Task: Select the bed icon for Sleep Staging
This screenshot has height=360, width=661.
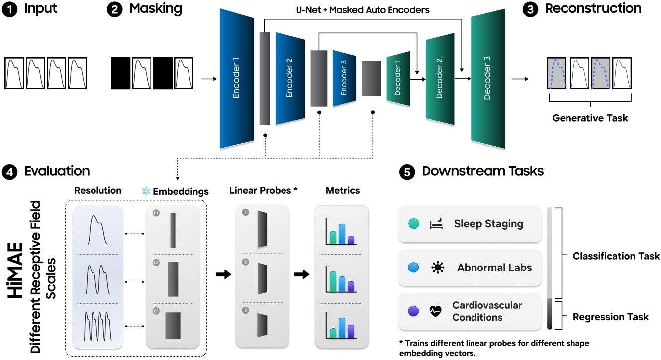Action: pos(436,224)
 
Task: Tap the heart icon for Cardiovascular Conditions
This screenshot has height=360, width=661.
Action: pos(436,311)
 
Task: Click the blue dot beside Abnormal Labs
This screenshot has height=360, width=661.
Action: pos(412,268)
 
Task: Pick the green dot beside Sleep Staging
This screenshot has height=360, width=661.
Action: pos(412,224)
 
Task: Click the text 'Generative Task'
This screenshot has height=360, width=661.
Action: pos(590,118)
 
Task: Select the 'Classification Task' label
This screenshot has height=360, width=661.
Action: pos(616,256)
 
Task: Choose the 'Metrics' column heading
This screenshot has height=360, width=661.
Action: pos(342,191)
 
